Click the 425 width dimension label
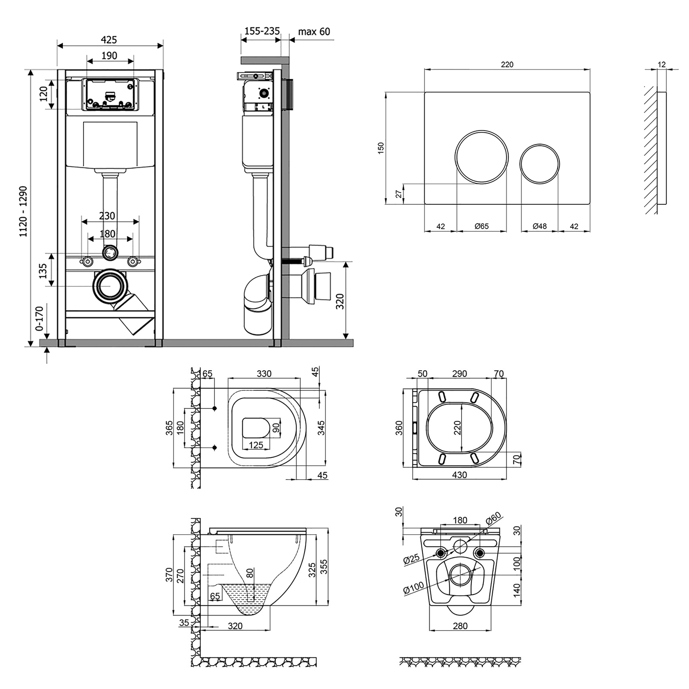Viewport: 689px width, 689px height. (109, 40)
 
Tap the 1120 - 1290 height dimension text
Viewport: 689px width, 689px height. (23, 212)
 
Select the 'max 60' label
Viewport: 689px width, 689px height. (314, 32)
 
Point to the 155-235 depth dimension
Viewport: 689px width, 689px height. (262, 31)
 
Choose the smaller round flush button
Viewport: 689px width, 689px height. (539, 164)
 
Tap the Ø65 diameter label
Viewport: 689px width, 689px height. (482, 226)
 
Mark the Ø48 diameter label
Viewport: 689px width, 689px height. (539, 226)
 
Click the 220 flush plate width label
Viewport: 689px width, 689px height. (507, 64)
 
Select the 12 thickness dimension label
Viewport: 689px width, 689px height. (661, 65)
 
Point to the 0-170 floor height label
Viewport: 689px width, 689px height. (39, 318)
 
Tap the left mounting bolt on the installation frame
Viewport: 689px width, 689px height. (87, 261)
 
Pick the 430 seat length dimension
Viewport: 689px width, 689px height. (459, 475)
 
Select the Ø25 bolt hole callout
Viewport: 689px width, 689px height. (412, 559)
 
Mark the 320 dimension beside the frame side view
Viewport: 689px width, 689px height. (340, 301)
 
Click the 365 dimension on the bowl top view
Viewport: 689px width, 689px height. (169, 428)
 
